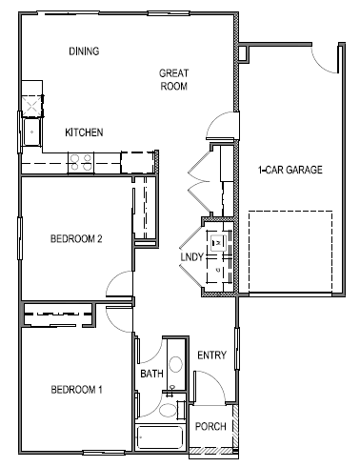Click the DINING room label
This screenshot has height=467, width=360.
(x=85, y=51)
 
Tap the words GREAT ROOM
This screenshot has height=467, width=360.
(x=174, y=79)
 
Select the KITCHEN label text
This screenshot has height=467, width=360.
(x=84, y=132)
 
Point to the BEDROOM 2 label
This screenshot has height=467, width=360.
(x=76, y=239)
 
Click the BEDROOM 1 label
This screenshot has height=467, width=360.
(x=76, y=390)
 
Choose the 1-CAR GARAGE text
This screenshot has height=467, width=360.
(x=290, y=171)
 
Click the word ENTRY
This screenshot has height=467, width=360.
(x=210, y=355)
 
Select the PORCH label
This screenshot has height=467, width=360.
(x=210, y=426)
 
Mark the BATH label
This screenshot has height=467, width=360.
(x=151, y=375)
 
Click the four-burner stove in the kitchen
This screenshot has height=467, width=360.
(x=79, y=163)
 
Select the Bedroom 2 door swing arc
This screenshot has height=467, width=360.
(x=122, y=283)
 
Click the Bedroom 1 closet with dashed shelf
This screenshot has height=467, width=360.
(x=57, y=314)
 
